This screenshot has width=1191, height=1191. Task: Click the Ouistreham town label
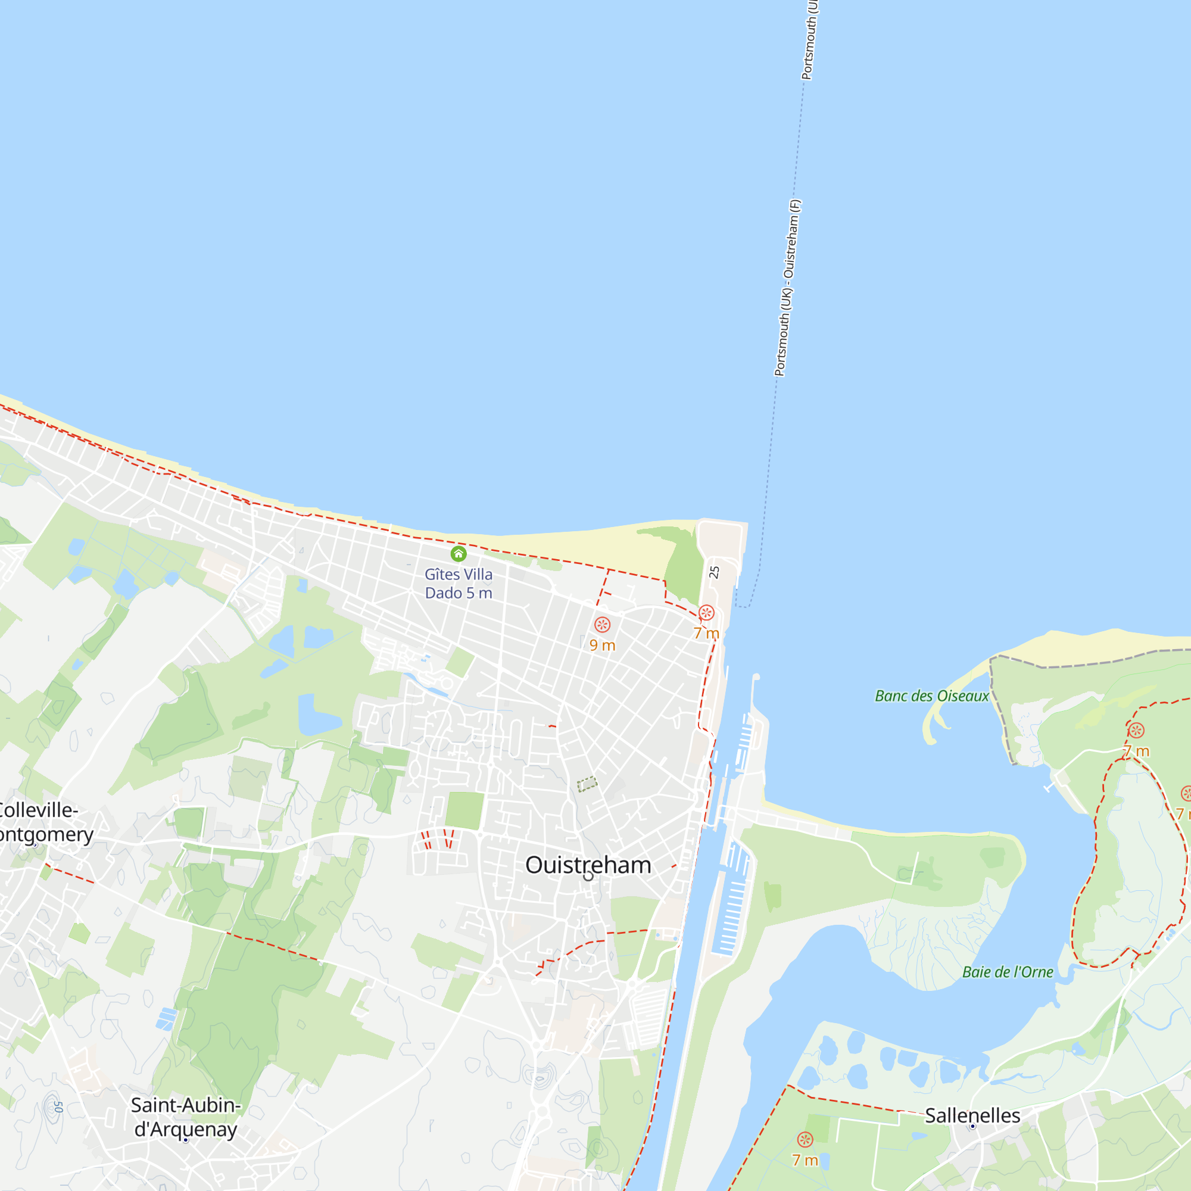[x=588, y=865]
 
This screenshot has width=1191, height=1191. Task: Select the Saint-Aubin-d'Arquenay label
[x=186, y=1117]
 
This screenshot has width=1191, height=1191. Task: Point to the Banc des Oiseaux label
[x=931, y=696]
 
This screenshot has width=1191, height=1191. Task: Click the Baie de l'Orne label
[x=1008, y=972]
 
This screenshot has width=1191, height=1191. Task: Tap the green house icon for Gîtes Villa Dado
[x=458, y=554]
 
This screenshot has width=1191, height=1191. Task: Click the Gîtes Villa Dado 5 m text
[x=458, y=583]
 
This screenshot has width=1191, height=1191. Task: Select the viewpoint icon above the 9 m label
[x=602, y=625]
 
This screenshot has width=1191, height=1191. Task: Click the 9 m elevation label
[x=602, y=645]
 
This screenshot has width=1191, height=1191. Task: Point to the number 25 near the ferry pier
[x=715, y=572]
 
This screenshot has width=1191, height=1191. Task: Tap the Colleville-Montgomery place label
[x=43, y=822]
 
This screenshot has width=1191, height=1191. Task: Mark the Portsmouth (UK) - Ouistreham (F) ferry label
[x=787, y=287]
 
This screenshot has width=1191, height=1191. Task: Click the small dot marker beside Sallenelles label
[x=973, y=1126]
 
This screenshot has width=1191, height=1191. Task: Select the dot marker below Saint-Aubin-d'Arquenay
[x=186, y=1140]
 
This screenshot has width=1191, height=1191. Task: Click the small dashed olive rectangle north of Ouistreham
[x=587, y=784]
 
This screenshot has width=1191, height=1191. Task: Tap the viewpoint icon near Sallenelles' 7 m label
[x=805, y=1139]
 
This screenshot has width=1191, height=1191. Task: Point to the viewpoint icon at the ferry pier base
[x=706, y=613]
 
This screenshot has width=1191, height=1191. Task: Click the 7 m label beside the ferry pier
[x=706, y=633]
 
